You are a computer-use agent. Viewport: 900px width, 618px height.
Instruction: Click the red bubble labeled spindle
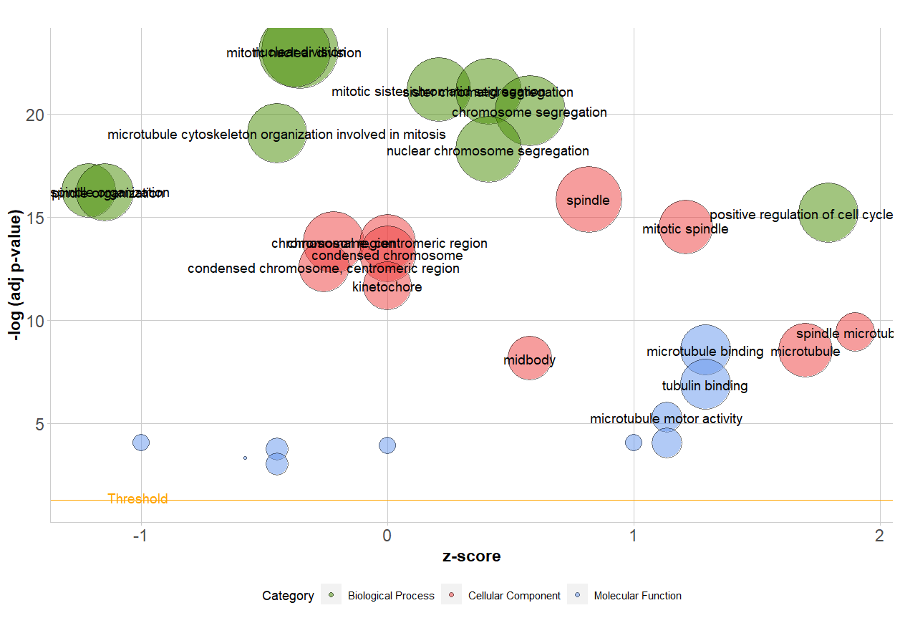589,200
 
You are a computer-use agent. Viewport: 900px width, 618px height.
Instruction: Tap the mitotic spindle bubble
685,227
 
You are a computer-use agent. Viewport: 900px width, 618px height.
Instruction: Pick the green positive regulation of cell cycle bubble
828,213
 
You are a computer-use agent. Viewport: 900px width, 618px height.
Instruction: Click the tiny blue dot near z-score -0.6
245,458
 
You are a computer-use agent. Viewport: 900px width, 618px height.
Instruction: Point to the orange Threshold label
137,499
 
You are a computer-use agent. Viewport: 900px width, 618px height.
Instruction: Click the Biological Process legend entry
390,596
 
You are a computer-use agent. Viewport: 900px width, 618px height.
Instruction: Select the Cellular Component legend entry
513,596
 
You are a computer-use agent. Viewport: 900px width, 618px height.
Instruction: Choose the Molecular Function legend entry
637,596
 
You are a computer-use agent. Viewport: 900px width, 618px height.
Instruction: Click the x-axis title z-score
471,557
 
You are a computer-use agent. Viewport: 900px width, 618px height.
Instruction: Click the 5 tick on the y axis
40,424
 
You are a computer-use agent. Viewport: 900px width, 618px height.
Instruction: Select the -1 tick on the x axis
140,537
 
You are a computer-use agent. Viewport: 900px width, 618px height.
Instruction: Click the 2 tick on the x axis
879,537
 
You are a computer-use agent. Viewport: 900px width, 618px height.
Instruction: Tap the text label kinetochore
387,287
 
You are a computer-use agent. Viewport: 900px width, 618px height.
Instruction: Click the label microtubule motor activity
666,419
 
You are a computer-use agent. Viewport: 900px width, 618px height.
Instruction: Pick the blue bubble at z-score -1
141,443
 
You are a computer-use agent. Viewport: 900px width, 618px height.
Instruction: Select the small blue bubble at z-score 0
387,445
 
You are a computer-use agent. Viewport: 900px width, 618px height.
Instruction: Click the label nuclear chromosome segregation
488,151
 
